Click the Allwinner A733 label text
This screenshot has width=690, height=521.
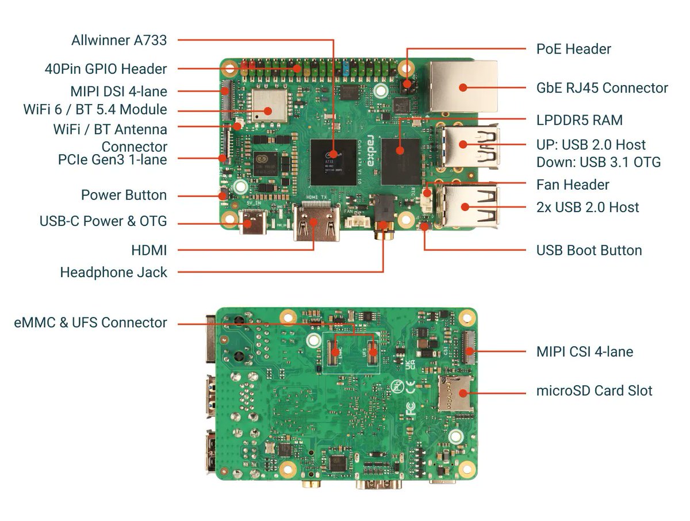(x=119, y=40)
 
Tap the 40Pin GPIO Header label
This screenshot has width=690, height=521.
(x=106, y=69)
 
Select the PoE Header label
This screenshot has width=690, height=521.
(x=573, y=49)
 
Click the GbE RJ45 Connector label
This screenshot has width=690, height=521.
(x=602, y=88)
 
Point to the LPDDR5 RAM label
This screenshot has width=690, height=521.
(x=579, y=120)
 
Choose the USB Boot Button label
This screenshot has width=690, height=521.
(x=589, y=250)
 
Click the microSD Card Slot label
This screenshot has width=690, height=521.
(x=594, y=391)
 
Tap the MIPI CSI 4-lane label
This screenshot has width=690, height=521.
(x=584, y=351)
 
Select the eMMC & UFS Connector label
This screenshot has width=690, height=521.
(x=90, y=323)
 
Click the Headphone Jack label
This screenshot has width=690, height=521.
(x=113, y=272)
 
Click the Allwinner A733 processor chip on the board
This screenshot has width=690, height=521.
(x=333, y=161)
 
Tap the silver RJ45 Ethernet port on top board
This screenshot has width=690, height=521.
(x=463, y=86)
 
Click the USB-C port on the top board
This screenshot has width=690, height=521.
(x=254, y=223)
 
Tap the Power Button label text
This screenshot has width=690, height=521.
(x=124, y=195)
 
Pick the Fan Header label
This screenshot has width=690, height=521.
(x=572, y=185)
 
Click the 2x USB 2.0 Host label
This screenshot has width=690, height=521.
(x=587, y=207)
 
